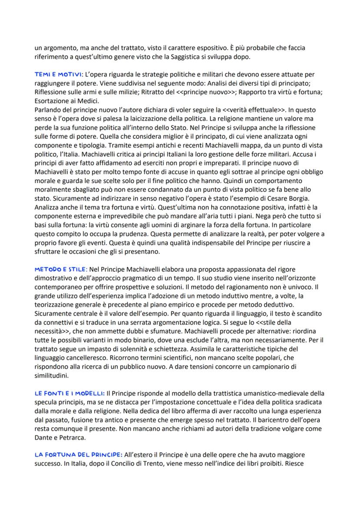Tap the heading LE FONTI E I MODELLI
click(x=69, y=393)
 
